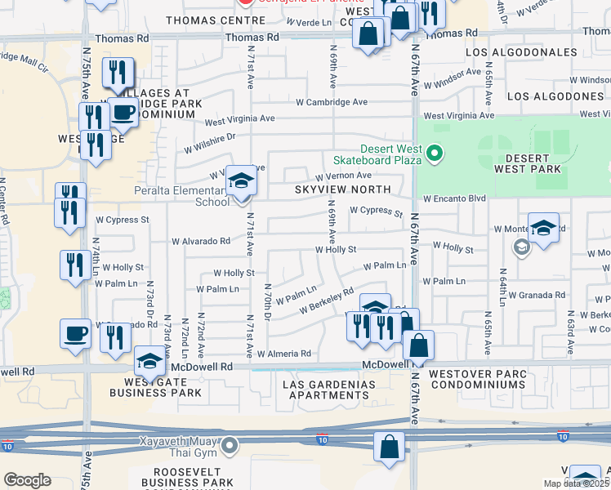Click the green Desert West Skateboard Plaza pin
click(435, 152)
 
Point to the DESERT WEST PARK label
click(528, 163)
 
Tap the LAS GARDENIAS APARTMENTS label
click(328, 390)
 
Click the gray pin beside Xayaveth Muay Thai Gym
click(231, 446)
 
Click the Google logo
click(27, 480)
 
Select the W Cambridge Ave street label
click(332, 102)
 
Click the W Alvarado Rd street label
click(200, 242)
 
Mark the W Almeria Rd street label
click(284, 354)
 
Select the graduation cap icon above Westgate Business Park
click(149, 360)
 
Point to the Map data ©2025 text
click(577, 483)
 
